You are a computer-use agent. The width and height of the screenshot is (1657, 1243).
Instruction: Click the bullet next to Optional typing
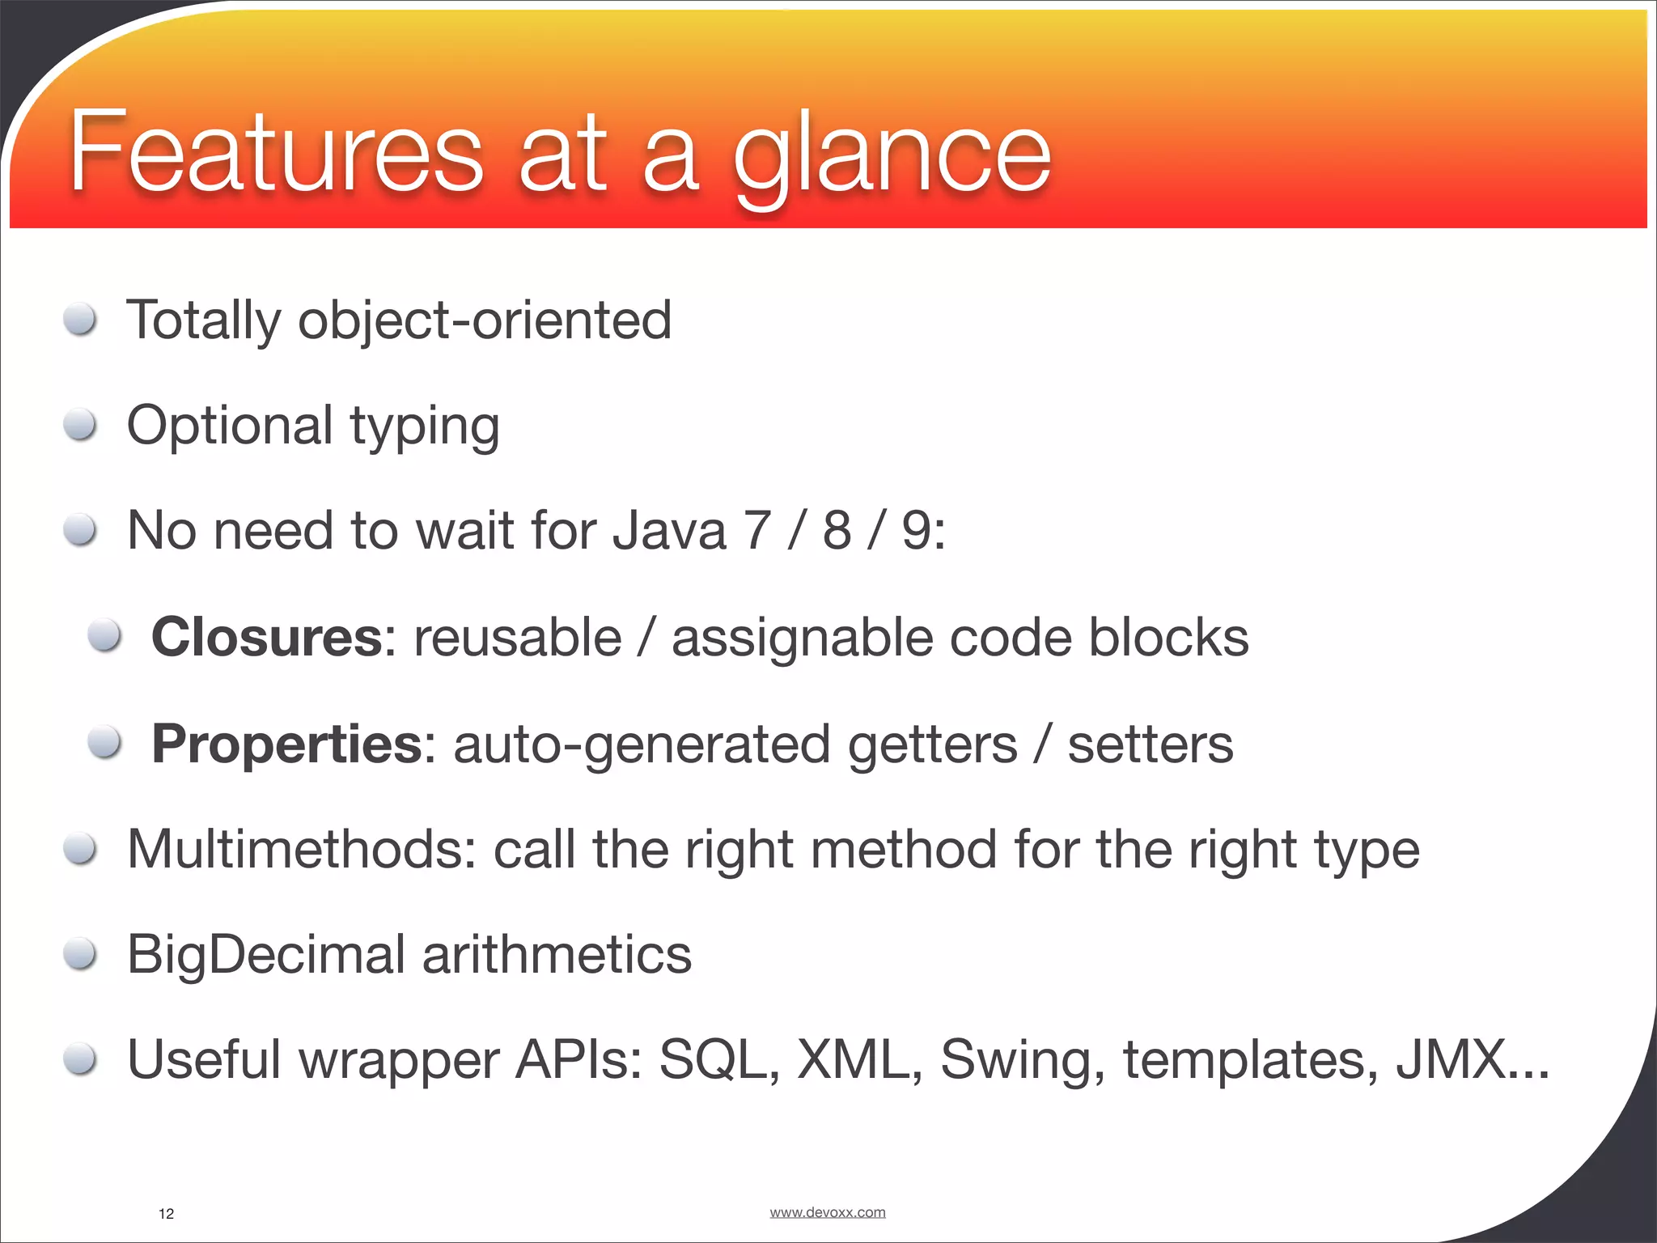click(81, 424)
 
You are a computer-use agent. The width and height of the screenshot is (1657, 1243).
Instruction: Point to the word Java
click(669, 531)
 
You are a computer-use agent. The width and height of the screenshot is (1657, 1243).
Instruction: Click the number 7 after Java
click(757, 531)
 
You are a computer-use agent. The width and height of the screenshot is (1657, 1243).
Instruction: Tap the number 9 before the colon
click(916, 531)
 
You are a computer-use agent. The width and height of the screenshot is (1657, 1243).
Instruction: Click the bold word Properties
click(286, 745)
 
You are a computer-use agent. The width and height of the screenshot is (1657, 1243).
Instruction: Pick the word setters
click(1151, 745)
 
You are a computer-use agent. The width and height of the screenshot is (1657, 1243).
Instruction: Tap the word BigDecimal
click(265, 955)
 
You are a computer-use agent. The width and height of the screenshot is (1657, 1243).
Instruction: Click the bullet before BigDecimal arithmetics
click(81, 955)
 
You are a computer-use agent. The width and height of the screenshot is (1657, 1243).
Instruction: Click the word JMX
click(1450, 1060)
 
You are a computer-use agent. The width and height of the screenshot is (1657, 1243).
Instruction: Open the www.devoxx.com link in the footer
click(827, 1212)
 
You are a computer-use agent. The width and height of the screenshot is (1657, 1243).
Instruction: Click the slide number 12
click(166, 1214)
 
